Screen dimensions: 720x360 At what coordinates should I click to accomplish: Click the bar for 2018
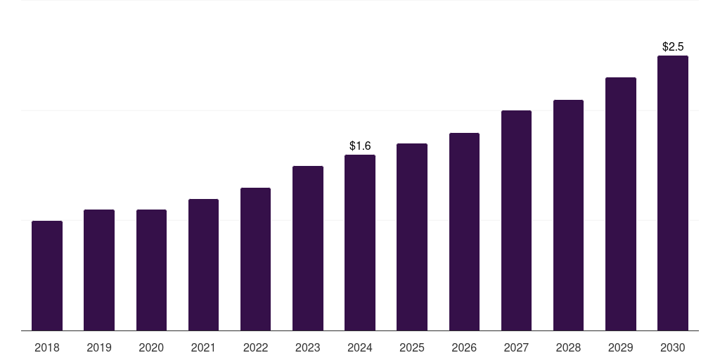click(x=47, y=276)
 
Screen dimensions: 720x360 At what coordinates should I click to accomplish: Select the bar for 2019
click(x=99, y=270)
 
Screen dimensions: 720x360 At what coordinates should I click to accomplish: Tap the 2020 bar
click(x=152, y=270)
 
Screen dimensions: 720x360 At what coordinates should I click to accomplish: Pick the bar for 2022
click(x=255, y=259)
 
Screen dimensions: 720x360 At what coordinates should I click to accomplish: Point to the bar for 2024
click(x=360, y=243)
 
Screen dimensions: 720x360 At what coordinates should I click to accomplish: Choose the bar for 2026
click(x=464, y=231)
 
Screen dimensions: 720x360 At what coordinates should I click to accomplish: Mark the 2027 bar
click(x=516, y=220)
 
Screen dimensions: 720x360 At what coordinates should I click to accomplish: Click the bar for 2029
click(x=621, y=204)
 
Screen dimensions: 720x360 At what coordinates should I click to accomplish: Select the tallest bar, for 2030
click(x=673, y=193)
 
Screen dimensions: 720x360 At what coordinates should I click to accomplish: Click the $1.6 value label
click(x=360, y=146)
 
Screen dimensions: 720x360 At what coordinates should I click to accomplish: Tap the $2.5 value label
click(x=673, y=47)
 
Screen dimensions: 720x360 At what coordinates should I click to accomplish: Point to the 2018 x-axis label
click(x=47, y=347)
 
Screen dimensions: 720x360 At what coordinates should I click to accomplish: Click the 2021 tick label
click(x=203, y=347)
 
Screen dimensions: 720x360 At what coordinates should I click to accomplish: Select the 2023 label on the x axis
click(x=308, y=347)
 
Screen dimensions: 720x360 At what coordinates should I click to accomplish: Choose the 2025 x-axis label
click(x=412, y=347)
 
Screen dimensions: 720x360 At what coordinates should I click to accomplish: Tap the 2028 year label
click(x=568, y=347)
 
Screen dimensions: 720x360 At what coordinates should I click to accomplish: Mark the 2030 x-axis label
click(x=673, y=347)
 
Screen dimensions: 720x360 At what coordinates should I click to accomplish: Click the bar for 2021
click(x=203, y=264)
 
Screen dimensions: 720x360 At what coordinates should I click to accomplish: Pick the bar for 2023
click(x=308, y=248)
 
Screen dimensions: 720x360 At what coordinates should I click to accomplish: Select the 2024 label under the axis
click(x=360, y=347)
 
